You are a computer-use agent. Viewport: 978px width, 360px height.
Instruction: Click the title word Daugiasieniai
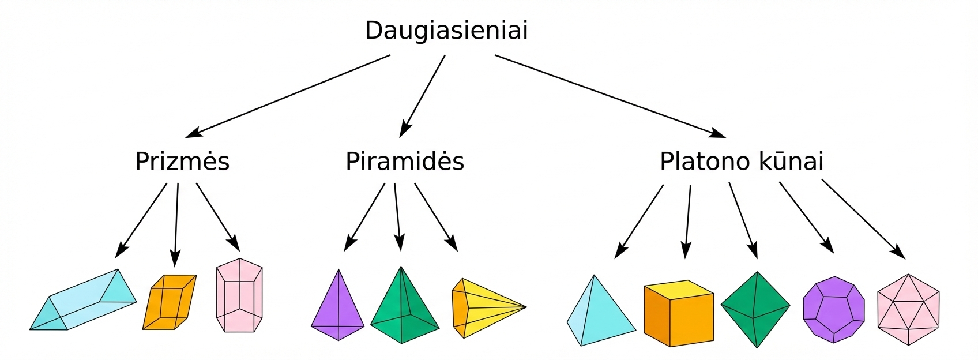(446, 31)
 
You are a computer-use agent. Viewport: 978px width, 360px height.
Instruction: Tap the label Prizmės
(182, 162)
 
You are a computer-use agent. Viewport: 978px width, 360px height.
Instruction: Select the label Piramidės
(405, 162)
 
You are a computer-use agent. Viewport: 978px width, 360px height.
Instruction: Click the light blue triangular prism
(84, 301)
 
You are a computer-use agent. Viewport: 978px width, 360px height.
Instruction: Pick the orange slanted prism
(169, 302)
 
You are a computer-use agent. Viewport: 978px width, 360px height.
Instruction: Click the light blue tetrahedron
(600, 314)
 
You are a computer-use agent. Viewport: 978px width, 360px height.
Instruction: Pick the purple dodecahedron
(834, 309)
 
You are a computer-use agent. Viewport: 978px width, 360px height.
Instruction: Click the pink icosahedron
(908, 309)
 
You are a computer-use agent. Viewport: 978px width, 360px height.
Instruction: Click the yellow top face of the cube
(679, 288)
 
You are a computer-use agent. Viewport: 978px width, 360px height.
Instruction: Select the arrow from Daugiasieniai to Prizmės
(288, 96)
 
